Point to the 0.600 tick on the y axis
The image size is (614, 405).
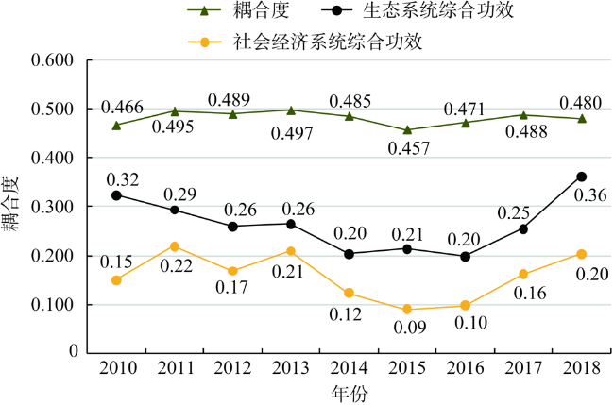53,60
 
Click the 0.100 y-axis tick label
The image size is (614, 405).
53,305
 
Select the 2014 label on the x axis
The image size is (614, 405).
349,368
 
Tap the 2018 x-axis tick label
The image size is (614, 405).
581,368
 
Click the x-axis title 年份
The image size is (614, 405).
348,392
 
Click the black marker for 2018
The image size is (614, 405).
581,177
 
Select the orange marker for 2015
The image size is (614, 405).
407,309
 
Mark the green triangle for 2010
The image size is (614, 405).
116,125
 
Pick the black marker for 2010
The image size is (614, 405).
116,195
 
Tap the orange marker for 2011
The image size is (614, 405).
175,246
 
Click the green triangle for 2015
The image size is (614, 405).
407,129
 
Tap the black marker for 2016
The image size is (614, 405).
465,256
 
